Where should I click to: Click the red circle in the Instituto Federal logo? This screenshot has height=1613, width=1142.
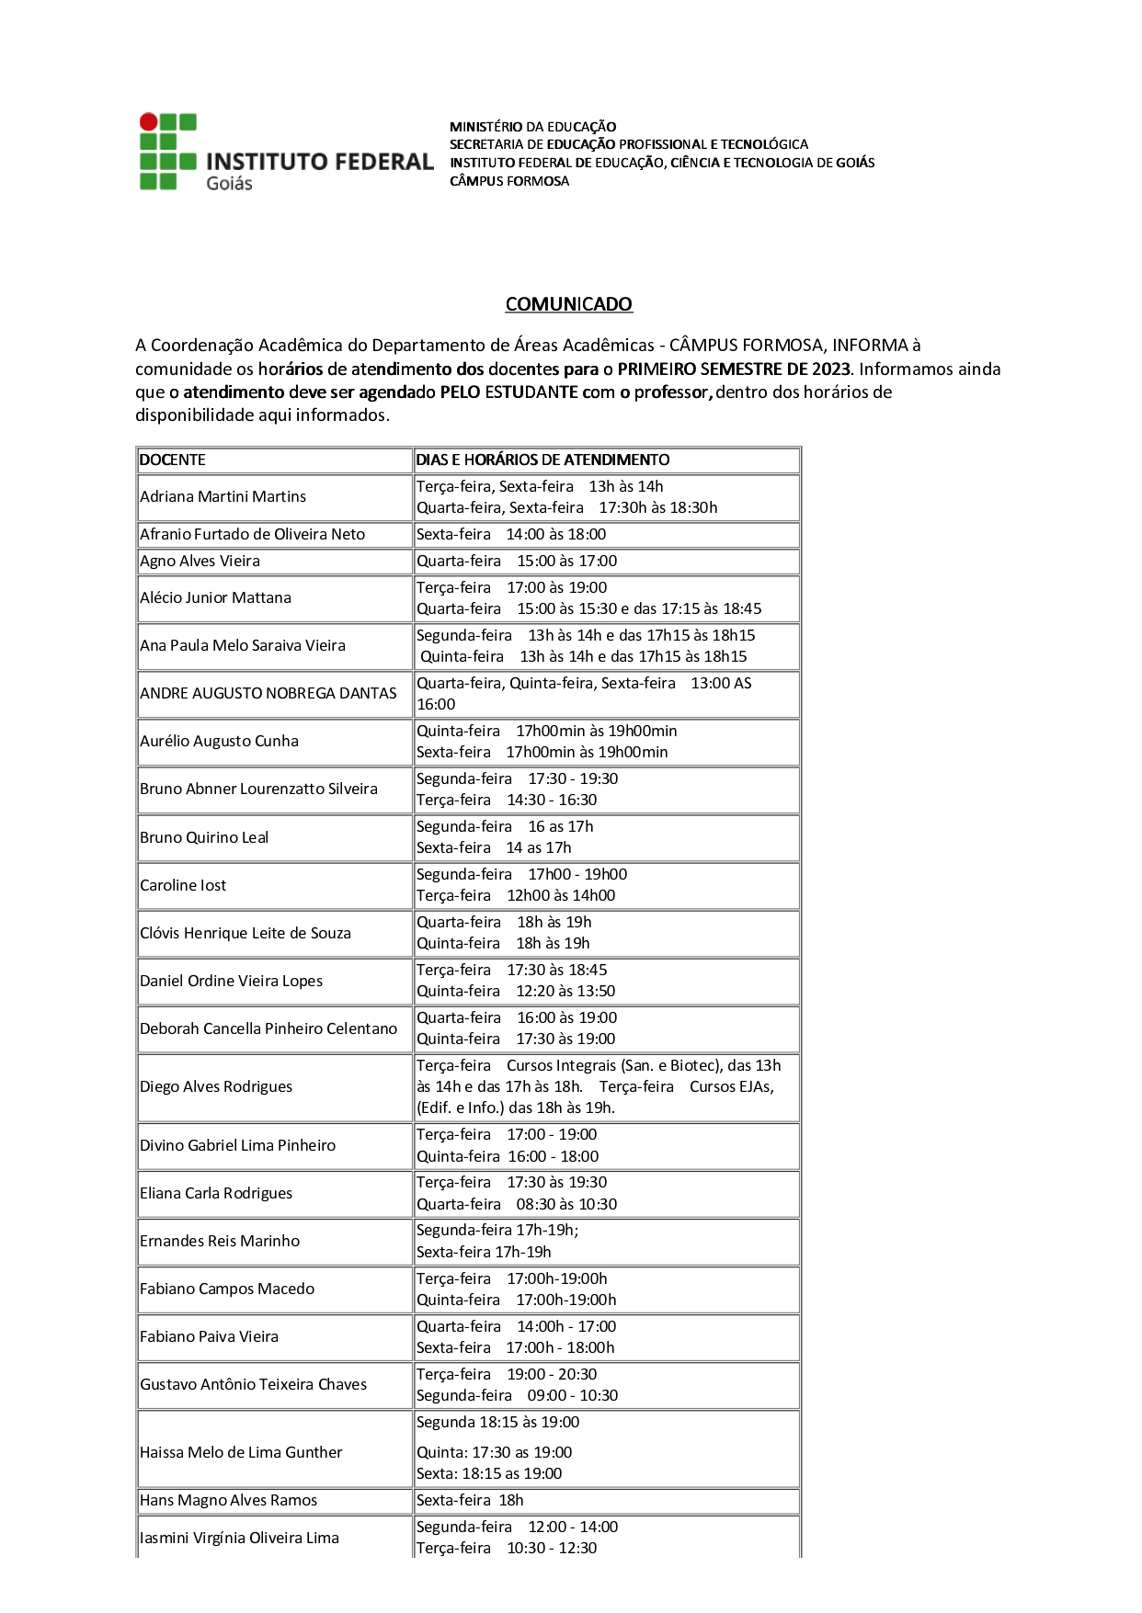point(148,121)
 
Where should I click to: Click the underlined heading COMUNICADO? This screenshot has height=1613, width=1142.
point(568,304)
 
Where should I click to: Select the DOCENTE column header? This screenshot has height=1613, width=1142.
point(173,460)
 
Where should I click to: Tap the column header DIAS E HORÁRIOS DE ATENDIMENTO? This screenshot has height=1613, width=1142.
point(542,460)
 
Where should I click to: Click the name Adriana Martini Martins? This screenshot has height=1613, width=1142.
point(223,496)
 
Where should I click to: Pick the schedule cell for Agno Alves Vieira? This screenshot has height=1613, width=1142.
point(516,561)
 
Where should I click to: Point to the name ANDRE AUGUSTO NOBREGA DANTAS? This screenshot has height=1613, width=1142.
point(268,693)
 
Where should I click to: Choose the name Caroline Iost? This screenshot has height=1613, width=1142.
point(183,885)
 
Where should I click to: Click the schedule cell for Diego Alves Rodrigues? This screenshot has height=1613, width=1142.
point(598,1086)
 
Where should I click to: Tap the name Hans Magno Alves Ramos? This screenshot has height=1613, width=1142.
point(228,1500)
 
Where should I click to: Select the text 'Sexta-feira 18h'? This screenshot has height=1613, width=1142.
point(470,1500)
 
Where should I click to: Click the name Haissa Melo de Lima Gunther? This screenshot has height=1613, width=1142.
point(241,1452)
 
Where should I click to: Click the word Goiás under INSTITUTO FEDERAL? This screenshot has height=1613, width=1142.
point(229,183)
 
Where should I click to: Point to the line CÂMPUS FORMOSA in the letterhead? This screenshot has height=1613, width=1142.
point(508,181)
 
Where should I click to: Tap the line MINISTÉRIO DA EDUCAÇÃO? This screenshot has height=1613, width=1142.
point(532,127)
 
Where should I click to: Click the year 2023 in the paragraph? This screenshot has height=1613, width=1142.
point(830,369)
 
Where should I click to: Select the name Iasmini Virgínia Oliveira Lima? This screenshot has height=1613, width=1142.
point(239,1538)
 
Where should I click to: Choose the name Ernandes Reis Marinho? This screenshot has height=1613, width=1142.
point(220,1241)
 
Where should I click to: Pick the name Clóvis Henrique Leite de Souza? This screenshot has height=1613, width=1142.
point(246,933)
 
